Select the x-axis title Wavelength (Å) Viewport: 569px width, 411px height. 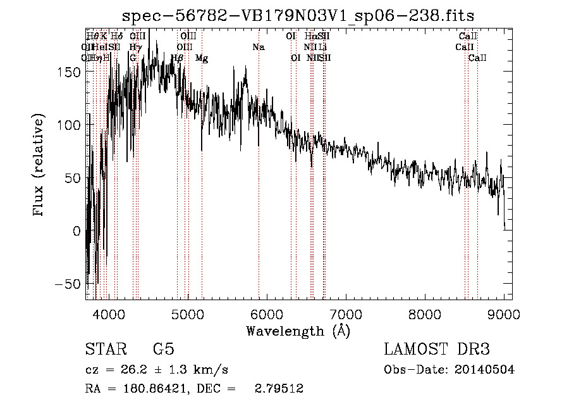pos(298,331)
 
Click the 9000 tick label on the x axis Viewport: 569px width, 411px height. pos(504,313)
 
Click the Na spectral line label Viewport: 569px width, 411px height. pos(258,47)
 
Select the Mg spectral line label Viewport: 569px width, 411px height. pos(202,58)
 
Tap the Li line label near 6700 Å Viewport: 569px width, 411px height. pos(322,47)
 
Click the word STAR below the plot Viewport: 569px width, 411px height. pos(105,350)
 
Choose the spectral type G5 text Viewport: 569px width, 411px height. pos(163,350)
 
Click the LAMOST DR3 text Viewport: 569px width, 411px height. pos(437,350)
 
